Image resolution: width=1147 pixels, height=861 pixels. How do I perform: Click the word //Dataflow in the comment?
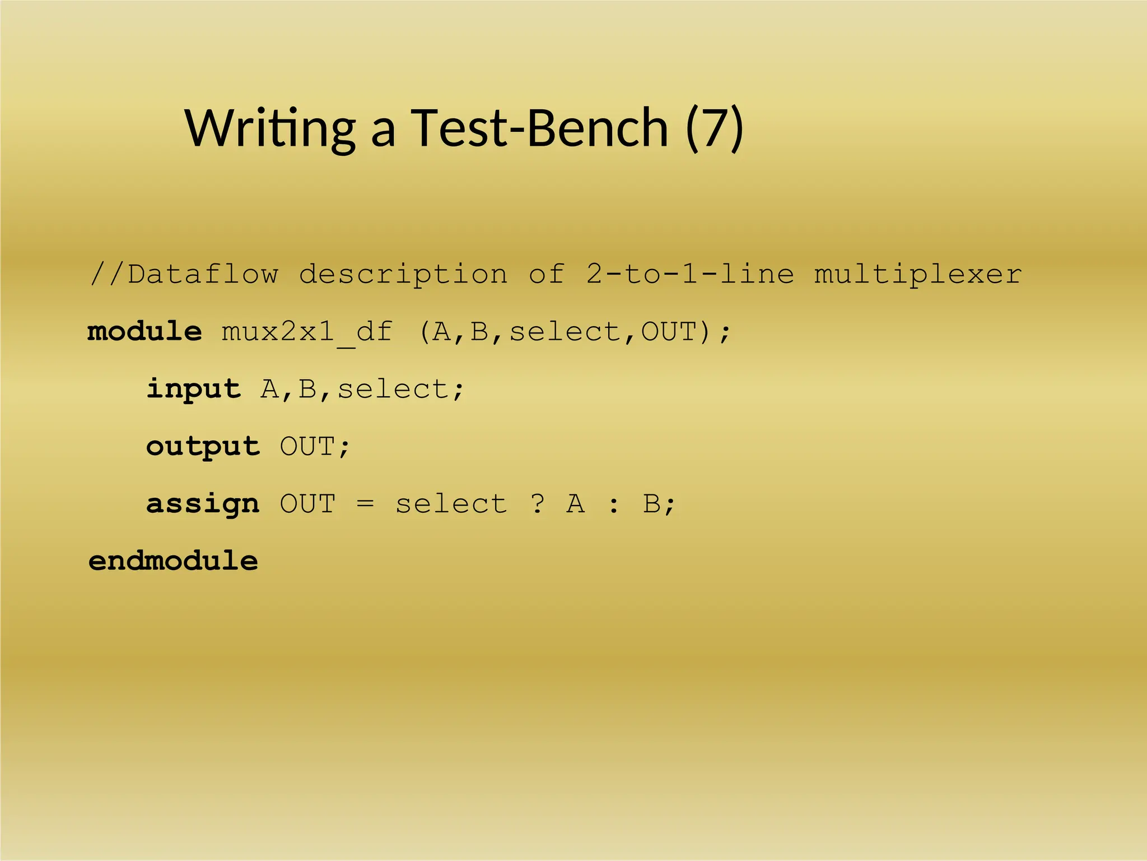click(x=184, y=274)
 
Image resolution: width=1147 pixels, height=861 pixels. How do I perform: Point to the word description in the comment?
click(x=403, y=274)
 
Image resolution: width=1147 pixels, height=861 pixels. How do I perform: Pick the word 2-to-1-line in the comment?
click(x=690, y=274)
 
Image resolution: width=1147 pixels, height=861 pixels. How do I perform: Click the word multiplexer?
click(x=918, y=274)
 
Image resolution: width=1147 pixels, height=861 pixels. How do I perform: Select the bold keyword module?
click(x=144, y=331)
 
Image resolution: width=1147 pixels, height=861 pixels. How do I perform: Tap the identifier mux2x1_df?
click(x=307, y=332)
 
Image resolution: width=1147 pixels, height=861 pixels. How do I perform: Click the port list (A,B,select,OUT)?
click(x=575, y=332)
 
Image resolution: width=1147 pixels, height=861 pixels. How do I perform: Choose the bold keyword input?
click(x=193, y=389)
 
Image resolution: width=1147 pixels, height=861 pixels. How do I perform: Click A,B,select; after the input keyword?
click(x=362, y=389)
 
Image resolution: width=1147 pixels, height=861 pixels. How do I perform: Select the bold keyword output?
click(x=203, y=447)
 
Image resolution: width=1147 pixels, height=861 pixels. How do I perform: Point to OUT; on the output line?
click(x=315, y=447)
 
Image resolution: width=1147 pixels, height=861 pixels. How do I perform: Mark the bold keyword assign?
click(x=203, y=504)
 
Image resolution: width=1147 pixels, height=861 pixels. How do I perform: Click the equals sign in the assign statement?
click(x=365, y=503)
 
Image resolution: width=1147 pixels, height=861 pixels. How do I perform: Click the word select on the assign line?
click(x=451, y=503)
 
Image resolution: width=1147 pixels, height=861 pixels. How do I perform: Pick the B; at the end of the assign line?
click(x=659, y=503)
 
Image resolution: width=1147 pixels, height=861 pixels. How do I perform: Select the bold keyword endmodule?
click(x=173, y=561)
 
